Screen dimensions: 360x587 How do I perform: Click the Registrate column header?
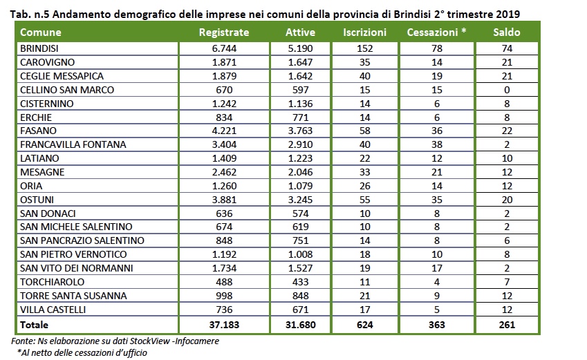click(223, 32)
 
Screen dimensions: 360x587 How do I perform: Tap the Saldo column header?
click(507, 32)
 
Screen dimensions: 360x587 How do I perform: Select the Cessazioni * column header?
click(436, 32)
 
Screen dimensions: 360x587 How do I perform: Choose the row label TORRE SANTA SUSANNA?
click(64, 296)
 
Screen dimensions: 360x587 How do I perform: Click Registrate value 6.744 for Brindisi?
click(223, 48)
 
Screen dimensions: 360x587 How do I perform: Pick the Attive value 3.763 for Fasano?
click(300, 131)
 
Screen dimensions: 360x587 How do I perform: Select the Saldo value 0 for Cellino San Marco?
click(507, 90)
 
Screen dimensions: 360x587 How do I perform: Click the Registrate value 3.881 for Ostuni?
click(223, 200)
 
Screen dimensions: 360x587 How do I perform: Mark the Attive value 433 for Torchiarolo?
click(300, 282)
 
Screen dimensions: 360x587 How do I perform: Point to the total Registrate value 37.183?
click(223, 324)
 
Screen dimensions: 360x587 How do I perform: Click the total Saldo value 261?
click(507, 324)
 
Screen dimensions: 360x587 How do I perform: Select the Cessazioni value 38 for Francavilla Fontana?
click(436, 144)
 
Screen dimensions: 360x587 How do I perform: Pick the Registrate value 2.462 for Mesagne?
click(223, 172)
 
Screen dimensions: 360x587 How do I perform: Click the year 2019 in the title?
click(507, 13)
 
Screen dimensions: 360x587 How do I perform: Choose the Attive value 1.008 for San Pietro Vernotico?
click(300, 254)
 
